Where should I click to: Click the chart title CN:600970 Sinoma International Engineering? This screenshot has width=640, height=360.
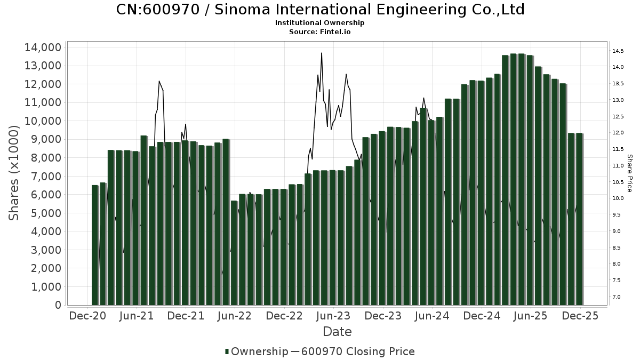pos(320,10)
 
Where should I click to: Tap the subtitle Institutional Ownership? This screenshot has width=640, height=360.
pos(320,23)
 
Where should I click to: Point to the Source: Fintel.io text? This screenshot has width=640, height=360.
pos(320,32)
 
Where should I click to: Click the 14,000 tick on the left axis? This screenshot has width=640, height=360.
pos(42,47)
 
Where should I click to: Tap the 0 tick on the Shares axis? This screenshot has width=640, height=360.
pos(57,305)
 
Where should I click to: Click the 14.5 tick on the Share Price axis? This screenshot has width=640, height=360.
pos(619,51)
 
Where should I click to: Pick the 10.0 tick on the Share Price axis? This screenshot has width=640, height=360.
pos(619,198)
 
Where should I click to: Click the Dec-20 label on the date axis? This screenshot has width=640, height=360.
pos(88,316)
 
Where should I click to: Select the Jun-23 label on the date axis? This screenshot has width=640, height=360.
pos(334,316)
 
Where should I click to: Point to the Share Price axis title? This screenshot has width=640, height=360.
pos(629,173)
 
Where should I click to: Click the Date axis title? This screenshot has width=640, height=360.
pos(337,332)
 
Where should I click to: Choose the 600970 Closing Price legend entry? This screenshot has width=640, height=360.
pos(357,351)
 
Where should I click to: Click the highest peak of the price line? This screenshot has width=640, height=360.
pos(322,53)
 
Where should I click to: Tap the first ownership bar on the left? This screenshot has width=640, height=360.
pos(95,245)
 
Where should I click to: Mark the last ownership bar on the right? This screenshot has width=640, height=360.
pos(579,219)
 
